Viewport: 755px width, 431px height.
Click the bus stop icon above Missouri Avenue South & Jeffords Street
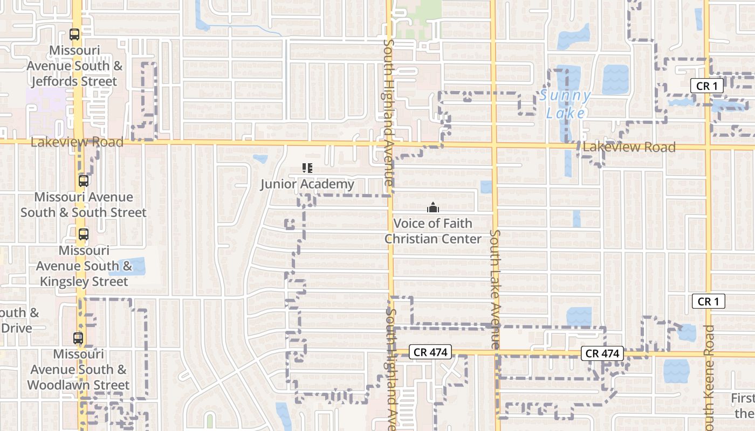click(x=74, y=34)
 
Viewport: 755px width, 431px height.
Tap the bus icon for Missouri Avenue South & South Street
click(x=83, y=181)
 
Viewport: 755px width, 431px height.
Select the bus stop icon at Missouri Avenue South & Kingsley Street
click(x=83, y=234)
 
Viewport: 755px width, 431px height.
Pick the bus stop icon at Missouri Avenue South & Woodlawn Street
click(x=78, y=338)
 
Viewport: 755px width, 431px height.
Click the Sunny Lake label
click(x=565, y=105)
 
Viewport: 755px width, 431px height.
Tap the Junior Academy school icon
click(x=307, y=169)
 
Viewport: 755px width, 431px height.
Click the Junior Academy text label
click(x=307, y=184)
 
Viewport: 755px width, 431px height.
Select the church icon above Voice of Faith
click(x=433, y=207)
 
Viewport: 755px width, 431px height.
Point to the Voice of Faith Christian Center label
click(x=433, y=231)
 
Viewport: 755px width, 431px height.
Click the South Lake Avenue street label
click(x=495, y=289)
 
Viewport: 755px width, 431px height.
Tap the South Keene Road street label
click(x=709, y=377)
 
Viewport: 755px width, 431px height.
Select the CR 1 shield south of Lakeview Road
click(x=708, y=301)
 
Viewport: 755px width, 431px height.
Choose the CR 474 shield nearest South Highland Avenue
click(x=429, y=352)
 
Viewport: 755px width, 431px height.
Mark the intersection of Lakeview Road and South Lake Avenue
click(x=494, y=145)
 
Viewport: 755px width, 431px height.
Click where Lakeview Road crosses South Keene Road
click(x=706, y=147)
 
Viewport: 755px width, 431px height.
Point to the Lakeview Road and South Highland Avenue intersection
click(x=389, y=144)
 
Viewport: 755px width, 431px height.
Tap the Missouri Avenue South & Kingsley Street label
click(x=84, y=266)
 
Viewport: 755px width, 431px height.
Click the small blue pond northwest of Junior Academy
click(x=260, y=159)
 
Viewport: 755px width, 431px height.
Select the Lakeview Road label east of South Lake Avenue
click(x=629, y=147)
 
